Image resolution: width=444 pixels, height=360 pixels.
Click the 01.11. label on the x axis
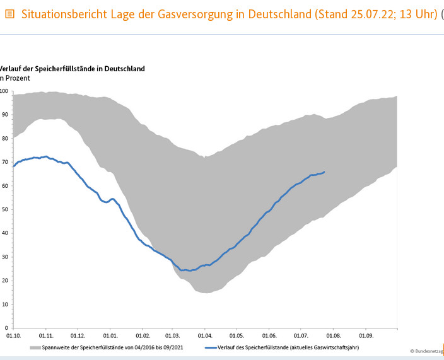(45, 336)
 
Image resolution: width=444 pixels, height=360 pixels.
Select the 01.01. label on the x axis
(110, 336)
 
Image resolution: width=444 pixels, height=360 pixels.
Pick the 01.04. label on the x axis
(204, 336)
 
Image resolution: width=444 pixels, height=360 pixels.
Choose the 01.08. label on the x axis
(333, 336)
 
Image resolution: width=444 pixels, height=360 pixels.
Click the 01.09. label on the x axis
(365, 336)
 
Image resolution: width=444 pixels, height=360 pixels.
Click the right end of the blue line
(324, 171)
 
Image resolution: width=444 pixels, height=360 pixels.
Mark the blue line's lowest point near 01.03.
(185, 270)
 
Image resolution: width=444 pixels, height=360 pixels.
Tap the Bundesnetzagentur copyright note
(427, 351)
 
